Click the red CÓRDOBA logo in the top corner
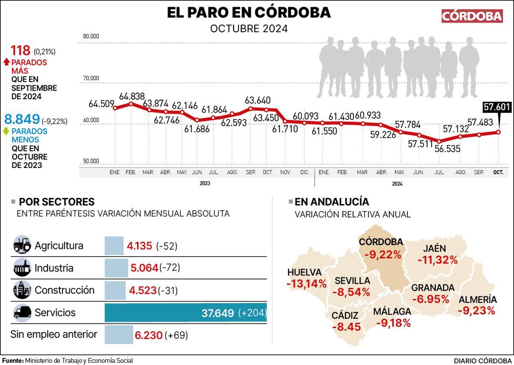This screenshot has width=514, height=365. (x=472, y=16)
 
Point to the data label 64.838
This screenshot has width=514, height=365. (x=132, y=96)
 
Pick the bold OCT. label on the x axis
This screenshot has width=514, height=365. (x=498, y=172)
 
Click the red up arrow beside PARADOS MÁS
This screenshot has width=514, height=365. (x=6, y=62)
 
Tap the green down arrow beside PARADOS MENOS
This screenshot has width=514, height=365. (x=6, y=132)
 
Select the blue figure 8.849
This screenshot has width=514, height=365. (x=21, y=120)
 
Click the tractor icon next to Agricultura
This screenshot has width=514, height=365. (x=22, y=245)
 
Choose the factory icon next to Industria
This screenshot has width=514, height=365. (x=22, y=268)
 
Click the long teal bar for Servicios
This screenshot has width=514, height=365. (x=185, y=313)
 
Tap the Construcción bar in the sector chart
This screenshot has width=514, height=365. (x=115, y=290)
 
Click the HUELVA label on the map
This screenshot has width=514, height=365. (x=304, y=272)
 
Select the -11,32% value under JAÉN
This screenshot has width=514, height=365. (x=437, y=260)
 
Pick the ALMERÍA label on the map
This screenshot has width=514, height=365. (x=478, y=300)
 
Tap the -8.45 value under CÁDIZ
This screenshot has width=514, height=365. (x=347, y=327)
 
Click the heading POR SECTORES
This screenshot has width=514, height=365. (x=57, y=202)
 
